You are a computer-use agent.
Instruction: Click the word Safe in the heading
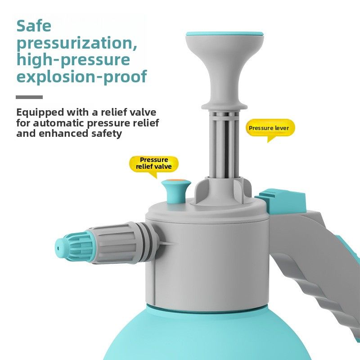(x=34, y=26)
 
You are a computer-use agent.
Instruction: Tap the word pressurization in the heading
(x=77, y=44)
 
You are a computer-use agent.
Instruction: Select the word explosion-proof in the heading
(x=81, y=76)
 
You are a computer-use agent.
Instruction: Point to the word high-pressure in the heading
(x=73, y=60)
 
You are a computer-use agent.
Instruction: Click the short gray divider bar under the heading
(x=29, y=97)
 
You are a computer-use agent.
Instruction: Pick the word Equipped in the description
(x=40, y=113)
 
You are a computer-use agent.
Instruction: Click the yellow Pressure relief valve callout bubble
(x=154, y=163)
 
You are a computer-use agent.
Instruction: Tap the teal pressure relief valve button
(x=176, y=191)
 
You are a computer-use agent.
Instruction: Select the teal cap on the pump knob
(x=225, y=34)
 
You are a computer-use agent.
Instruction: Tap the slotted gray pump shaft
(x=225, y=144)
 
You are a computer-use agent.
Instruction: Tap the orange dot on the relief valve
(x=175, y=181)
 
